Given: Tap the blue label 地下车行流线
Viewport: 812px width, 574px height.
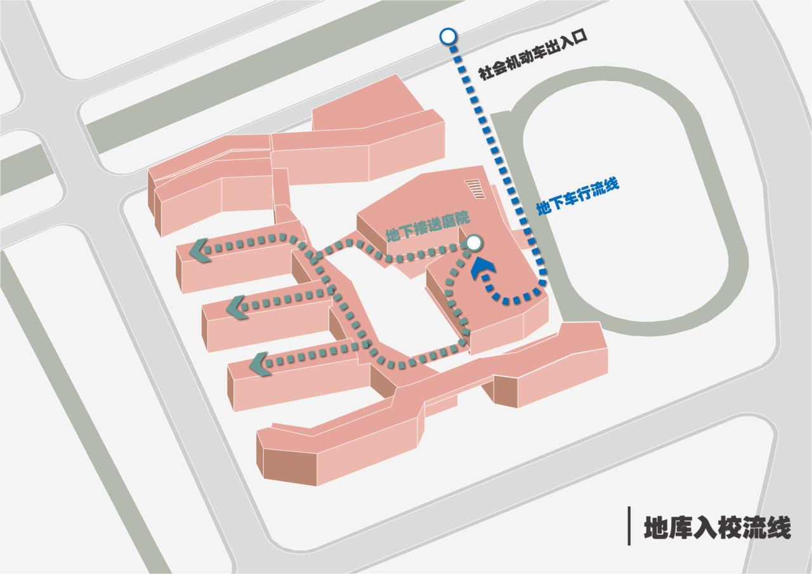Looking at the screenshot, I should point(577,196).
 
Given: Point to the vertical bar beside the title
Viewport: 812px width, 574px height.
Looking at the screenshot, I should point(629,526).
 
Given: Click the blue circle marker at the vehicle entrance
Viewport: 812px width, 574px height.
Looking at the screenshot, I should point(448,36).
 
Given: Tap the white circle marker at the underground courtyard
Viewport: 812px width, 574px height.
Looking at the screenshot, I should point(474,242).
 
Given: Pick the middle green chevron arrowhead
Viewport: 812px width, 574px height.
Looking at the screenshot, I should point(237,307).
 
